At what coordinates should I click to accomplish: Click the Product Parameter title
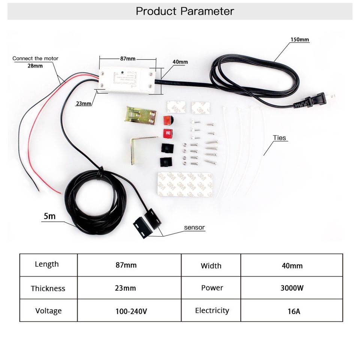coord(184,11)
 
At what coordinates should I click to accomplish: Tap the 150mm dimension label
coord(300,40)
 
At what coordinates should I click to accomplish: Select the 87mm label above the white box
coord(127,59)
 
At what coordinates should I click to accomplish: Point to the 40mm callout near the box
coord(180,62)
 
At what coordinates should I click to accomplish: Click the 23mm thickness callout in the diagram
coord(83,103)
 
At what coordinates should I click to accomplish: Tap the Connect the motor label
coord(35,58)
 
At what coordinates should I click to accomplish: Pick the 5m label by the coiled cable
coord(49,216)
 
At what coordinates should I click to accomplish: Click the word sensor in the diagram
coord(194,227)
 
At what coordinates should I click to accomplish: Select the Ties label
coord(279,138)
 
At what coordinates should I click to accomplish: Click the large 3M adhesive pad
coord(185,184)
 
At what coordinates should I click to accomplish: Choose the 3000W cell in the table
coord(292,288)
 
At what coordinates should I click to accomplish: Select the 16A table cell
coord(292,311)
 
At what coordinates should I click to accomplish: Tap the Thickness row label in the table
coord(48,288)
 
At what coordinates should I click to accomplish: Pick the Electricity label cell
coord(212,310)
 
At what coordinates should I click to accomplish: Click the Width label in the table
coord(211,266)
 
